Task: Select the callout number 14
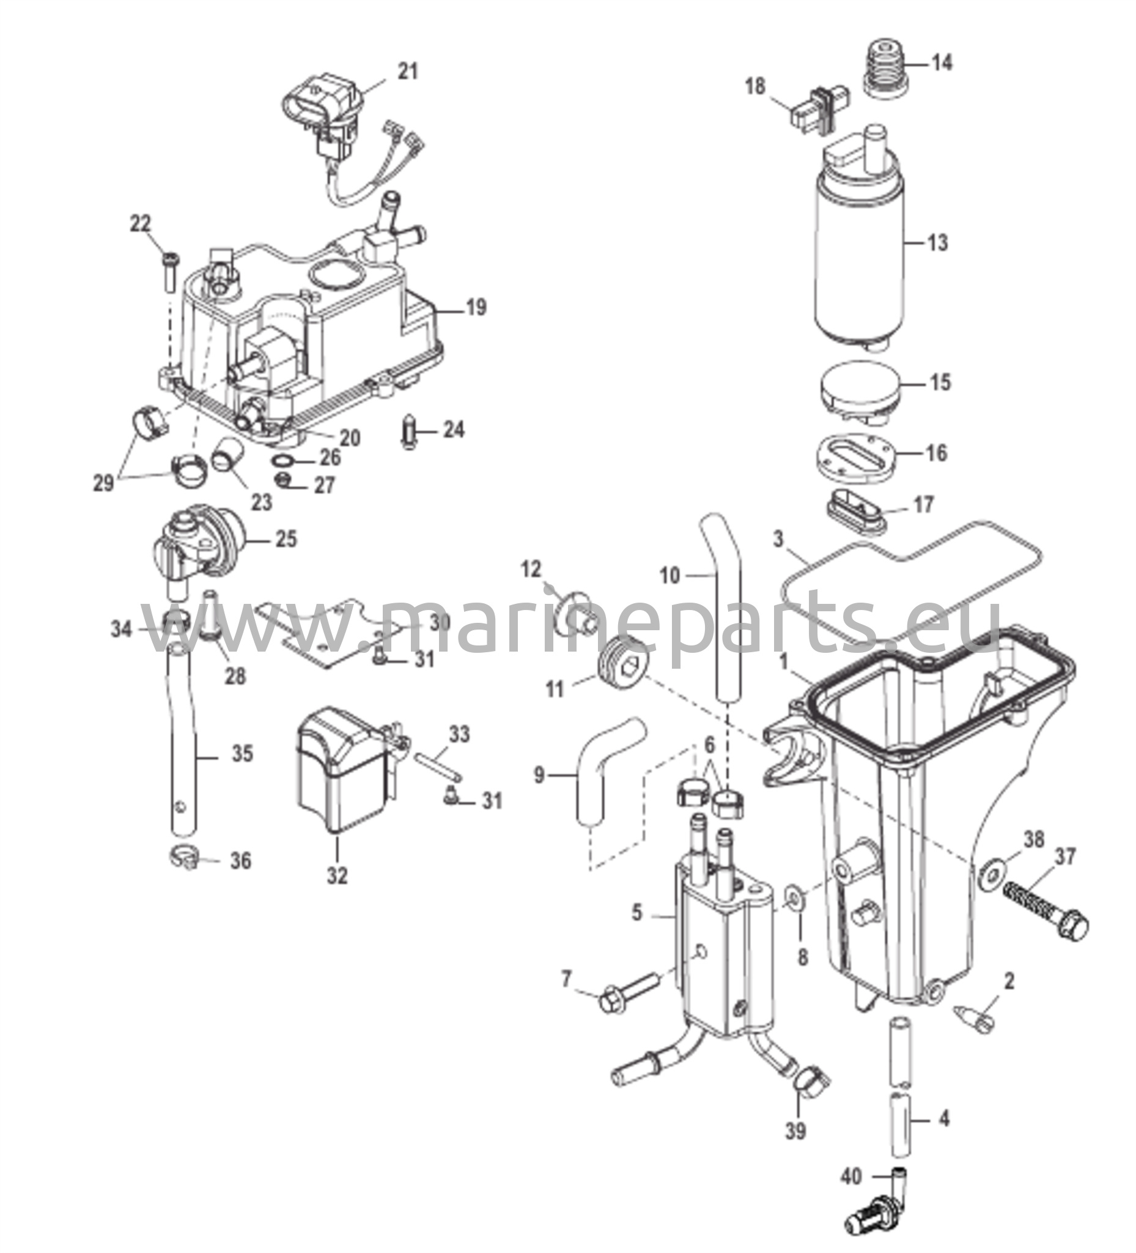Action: click(942, 62)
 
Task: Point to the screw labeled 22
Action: click(170, 272)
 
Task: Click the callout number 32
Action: click(337, 876)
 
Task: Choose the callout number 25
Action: click(286, 539)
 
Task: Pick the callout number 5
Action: click(636, 913)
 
